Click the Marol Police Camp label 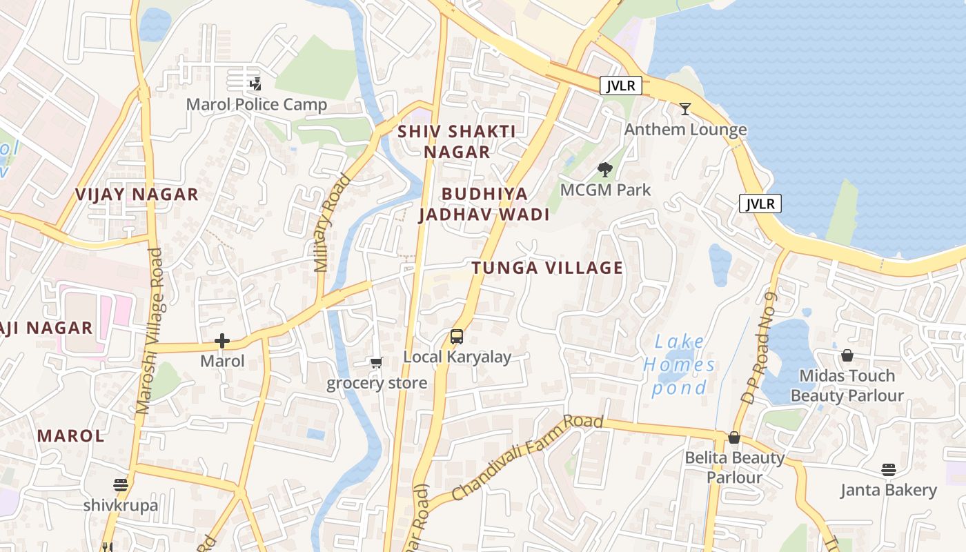pyautogui.click(x=257, y=105)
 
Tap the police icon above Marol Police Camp pyautogui.click(x=256, y=84)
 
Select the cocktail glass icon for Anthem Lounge pyautogui.click(x=685, y=109)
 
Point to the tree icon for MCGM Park pyautogui.click(x=605, y=169)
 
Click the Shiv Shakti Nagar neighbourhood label pyautogui.click(x=457, y=141)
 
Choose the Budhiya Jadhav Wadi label pyautogui.click(x=484, y=204)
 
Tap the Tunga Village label pyautogui.click(x=547, y=268)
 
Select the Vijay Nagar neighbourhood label pyautogui.click(x=137, y=195)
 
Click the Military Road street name pyautogui.click(x=333, y=222)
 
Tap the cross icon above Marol pyautogui.click(x=222, y=341)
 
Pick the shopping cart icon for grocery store pyautogui.click(x=376, y=363)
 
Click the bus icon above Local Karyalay pyautogui.click(x=457, y=337)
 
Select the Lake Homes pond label pyautogui.click(x=680, y=364)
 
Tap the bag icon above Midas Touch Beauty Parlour pyautogui.click(x=847, y=355)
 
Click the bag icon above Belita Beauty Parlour pyautogui.click(x=734, y=437)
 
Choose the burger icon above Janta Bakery pyautogui.click(x=888, y=470)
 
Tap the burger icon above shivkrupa pyautogui.click(x=121, y=484)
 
